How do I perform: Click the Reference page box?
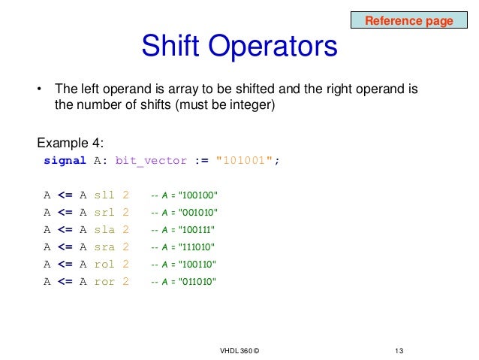tap(408, 20)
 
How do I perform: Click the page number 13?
tap(399, 351)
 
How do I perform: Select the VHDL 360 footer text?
tap(240, 351)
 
